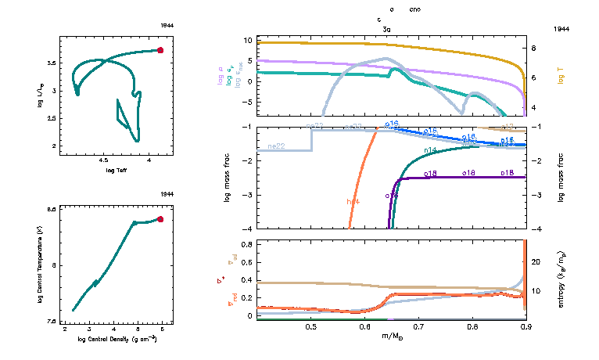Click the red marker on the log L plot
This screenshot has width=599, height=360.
[x=160, y=50]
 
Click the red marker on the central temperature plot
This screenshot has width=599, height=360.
[x=160, y=219]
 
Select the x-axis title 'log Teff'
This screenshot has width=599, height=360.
[x=117, y=170]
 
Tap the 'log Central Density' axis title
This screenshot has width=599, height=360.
[x=117, y=339]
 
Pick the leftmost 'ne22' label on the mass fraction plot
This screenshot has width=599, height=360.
[x=275, y=146]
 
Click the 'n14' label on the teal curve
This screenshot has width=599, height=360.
[x=429, y=149]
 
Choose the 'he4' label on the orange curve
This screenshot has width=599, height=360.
[x=353, y=202]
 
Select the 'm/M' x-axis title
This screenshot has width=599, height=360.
[x=393, y=337]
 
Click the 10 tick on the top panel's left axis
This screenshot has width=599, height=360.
[x=247, y=40]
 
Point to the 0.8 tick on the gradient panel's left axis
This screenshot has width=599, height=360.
[x=247, y=246]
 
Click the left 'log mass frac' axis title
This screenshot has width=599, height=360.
[x=228, y=178]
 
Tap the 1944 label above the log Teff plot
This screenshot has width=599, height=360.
[x=167, y=26]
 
